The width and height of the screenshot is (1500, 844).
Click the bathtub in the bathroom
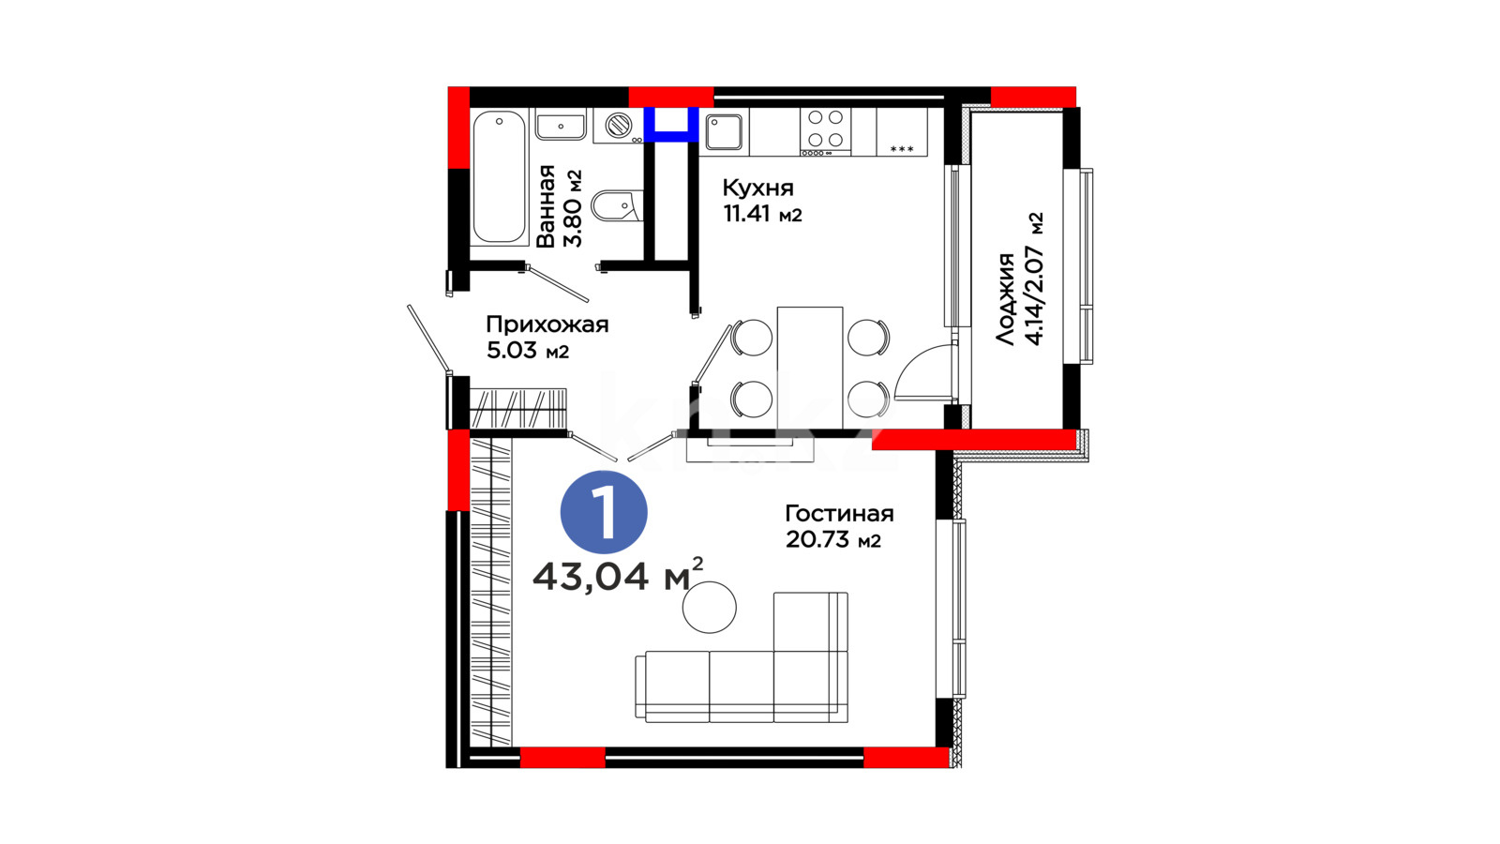tap(499, 177)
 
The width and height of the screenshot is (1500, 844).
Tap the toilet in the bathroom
tap(617, 205)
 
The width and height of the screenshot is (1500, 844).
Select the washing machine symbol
tap(618, 126)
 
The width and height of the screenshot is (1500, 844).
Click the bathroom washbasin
tap(562, 126)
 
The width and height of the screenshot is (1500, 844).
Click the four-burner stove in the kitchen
tap(825, 132)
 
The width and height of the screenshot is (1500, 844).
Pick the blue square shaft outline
tap(671, 126)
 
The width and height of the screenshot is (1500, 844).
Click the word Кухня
tap(758, 188)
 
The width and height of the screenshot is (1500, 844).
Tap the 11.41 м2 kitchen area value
tap(762, 214)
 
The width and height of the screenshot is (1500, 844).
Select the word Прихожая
tap(547, 324)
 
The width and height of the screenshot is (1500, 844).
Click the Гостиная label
tap(839, 514)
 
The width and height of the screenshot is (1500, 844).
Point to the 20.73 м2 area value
tap(833, 539)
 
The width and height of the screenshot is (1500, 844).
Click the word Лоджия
tap(1005, 299)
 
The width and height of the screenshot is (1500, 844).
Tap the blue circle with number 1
tap(604, 512)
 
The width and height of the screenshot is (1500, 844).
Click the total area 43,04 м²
tap(618, 575)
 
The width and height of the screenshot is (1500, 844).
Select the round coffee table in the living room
tap(709, 608)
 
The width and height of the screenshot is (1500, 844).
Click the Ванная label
tap(546, 206)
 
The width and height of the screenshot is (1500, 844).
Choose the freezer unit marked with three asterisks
tap(901, 132)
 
